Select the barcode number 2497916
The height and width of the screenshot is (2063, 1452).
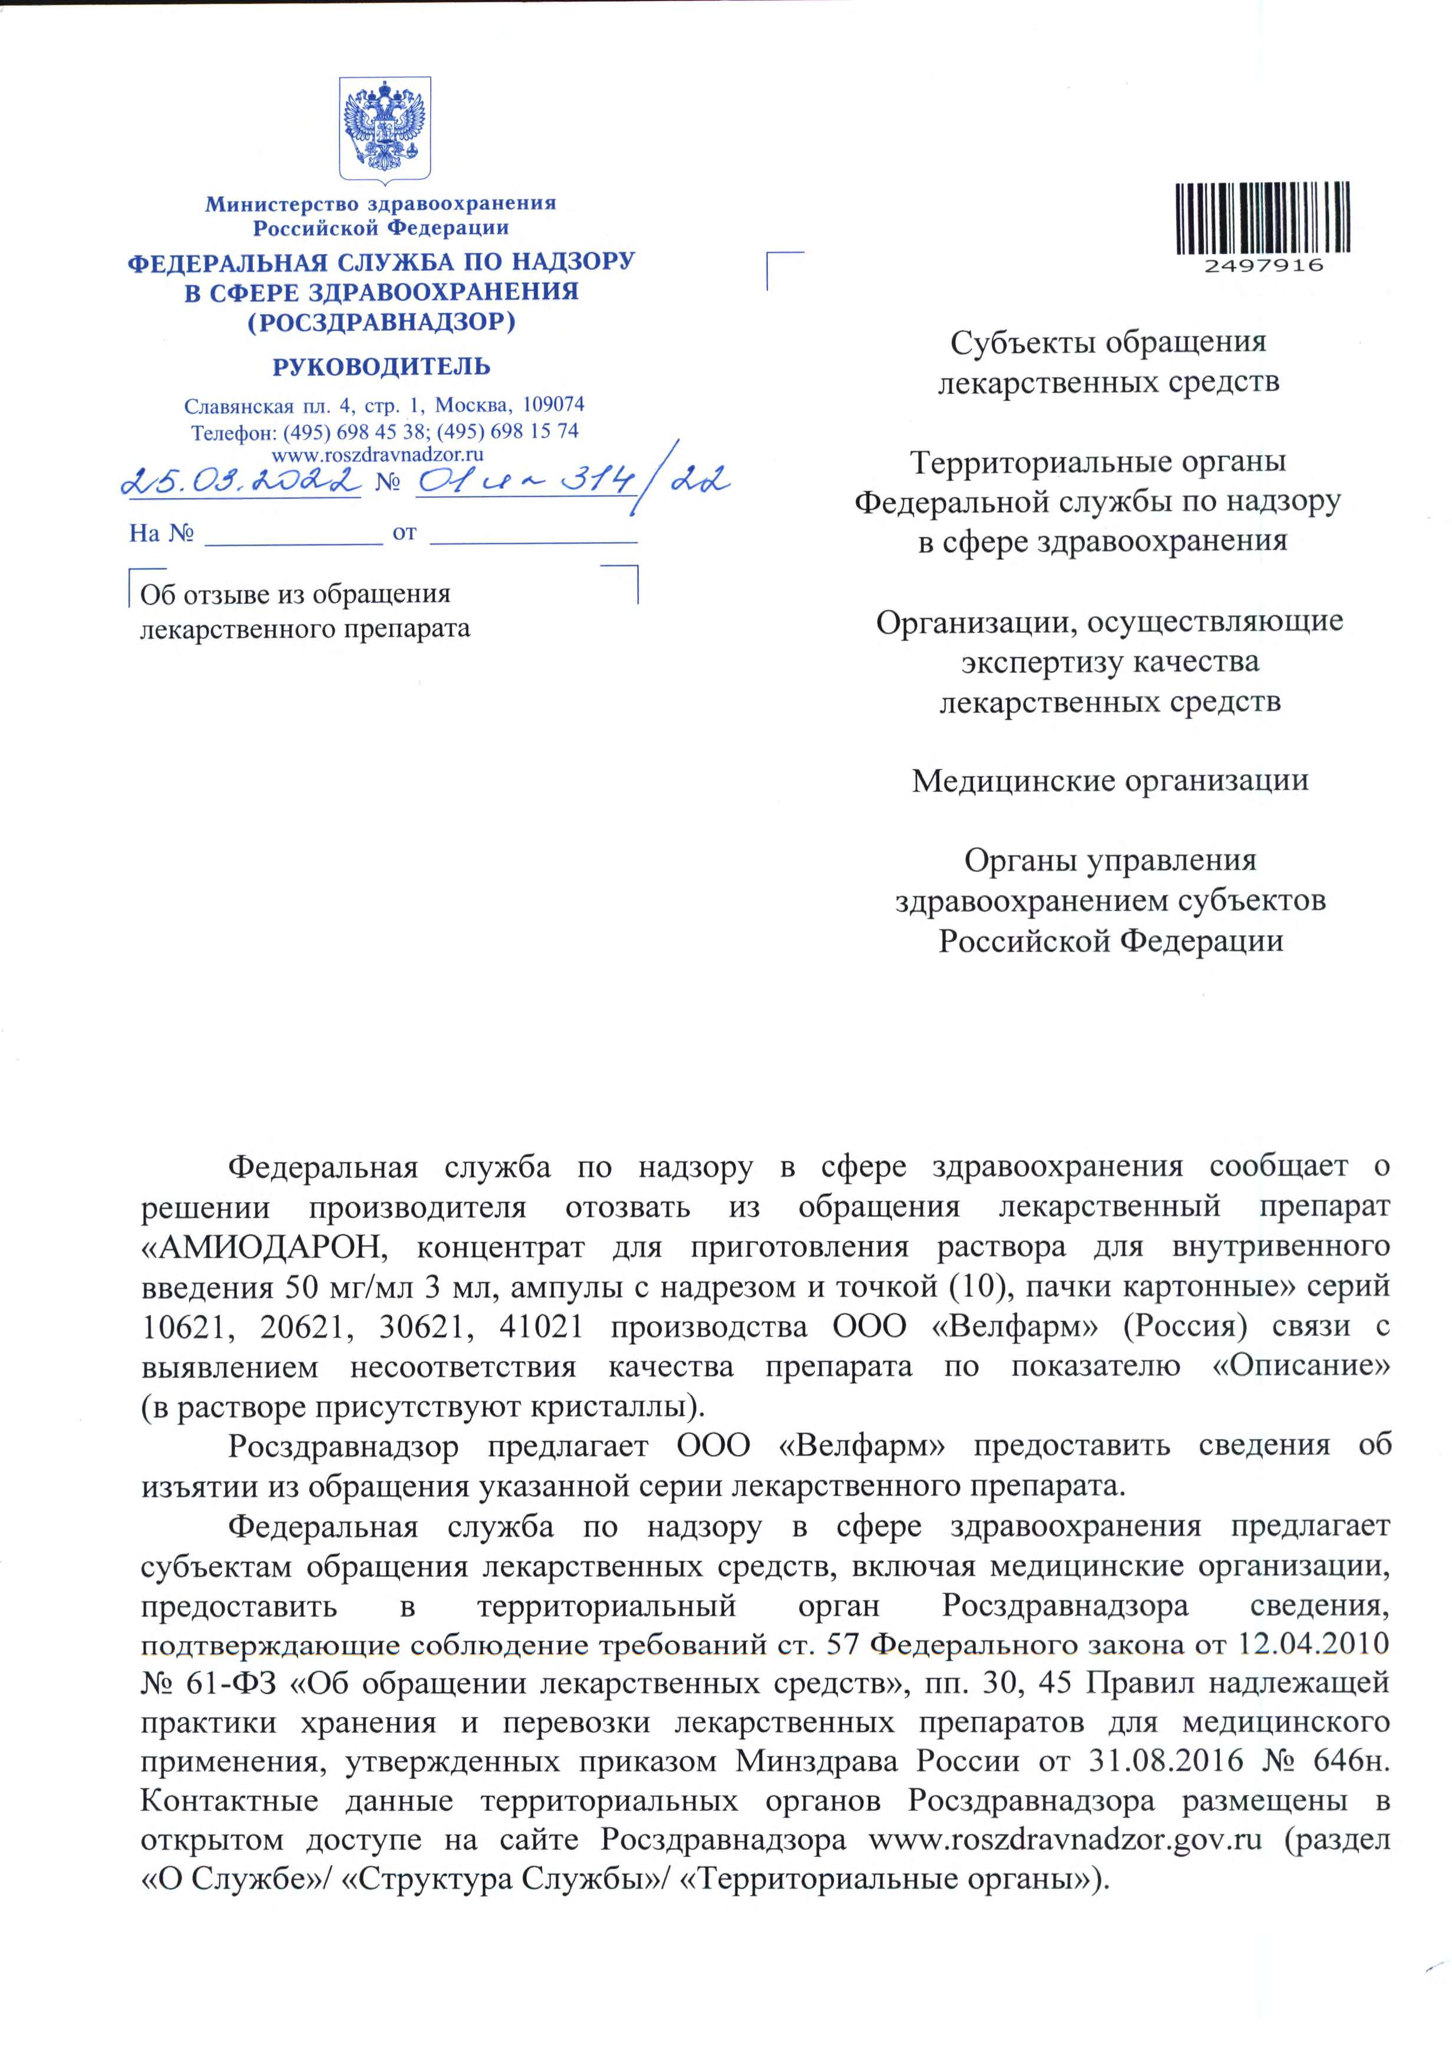[1262, 265]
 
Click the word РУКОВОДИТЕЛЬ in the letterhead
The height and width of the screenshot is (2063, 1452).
[381, 367]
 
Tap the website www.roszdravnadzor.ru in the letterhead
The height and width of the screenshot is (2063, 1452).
[384, 455]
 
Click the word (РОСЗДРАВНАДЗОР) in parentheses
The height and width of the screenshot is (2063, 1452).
[381, 322]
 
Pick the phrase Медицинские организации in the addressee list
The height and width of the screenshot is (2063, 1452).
[1110, 781]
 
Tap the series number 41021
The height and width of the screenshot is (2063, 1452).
[542, 1327]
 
